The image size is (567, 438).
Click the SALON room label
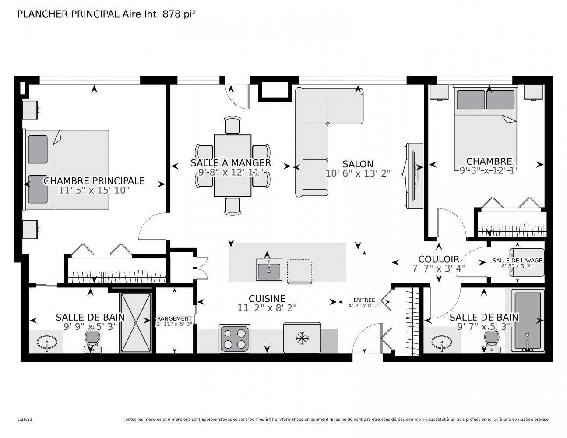point(358,164)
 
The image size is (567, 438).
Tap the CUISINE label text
point(267,298)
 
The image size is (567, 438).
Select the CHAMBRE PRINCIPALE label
point(94,181)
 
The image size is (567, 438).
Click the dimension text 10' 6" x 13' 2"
point(358,173)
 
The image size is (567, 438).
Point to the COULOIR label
point(438,259)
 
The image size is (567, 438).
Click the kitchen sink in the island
point(269,269)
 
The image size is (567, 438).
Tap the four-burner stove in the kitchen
point(235,338)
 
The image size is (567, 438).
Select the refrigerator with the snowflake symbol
point(302,338)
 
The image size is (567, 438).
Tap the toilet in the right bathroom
point(492,339)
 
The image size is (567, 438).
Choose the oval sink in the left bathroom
point(46,342)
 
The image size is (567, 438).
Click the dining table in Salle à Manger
point(232,166)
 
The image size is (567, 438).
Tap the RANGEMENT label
point(174,318)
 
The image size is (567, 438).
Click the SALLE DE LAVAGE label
point(517,260)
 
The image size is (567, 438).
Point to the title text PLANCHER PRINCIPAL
point(68,14)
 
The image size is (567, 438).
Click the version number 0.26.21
point(25,419)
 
